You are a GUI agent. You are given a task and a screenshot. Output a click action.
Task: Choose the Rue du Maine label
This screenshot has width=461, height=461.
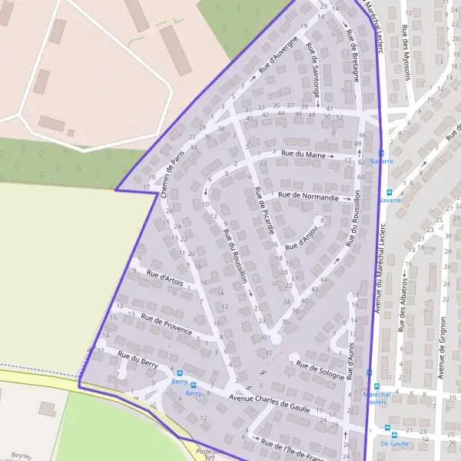coord(303,155)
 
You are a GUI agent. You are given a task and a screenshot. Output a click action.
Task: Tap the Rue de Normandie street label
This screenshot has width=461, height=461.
coord(308,197)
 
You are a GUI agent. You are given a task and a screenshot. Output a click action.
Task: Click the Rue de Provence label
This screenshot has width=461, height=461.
coord(167,323)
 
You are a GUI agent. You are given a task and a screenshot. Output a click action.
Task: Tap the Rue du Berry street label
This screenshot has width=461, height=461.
coord(138,360)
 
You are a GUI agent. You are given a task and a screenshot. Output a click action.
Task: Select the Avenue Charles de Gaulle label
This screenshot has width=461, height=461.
coord(269,403)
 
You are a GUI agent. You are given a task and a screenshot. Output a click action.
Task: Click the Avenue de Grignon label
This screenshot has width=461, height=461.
coord(442,350)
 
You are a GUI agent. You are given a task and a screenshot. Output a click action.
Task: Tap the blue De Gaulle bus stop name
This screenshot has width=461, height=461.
coord(394,443)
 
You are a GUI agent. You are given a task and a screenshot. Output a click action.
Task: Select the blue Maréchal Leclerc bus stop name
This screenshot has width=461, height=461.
coord(376,397)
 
